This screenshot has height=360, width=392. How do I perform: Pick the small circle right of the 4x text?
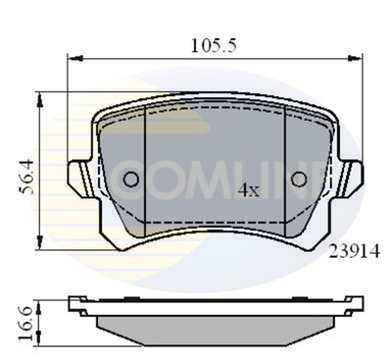(x=299, y=179)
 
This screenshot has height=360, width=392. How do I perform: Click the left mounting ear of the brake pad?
(x=78, y=180)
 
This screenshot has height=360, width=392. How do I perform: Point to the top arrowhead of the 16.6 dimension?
(x=40, y=296)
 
